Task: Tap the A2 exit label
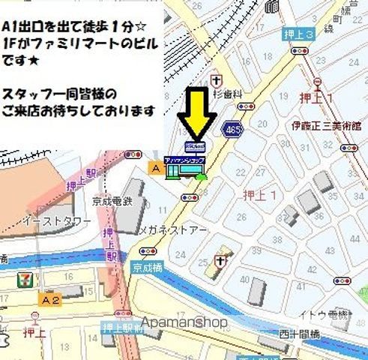(x=50, y=300)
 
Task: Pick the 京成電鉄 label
(x=115, y=201)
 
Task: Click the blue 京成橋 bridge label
(x=147, y=266)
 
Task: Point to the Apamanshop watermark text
(x=184, y=322)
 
